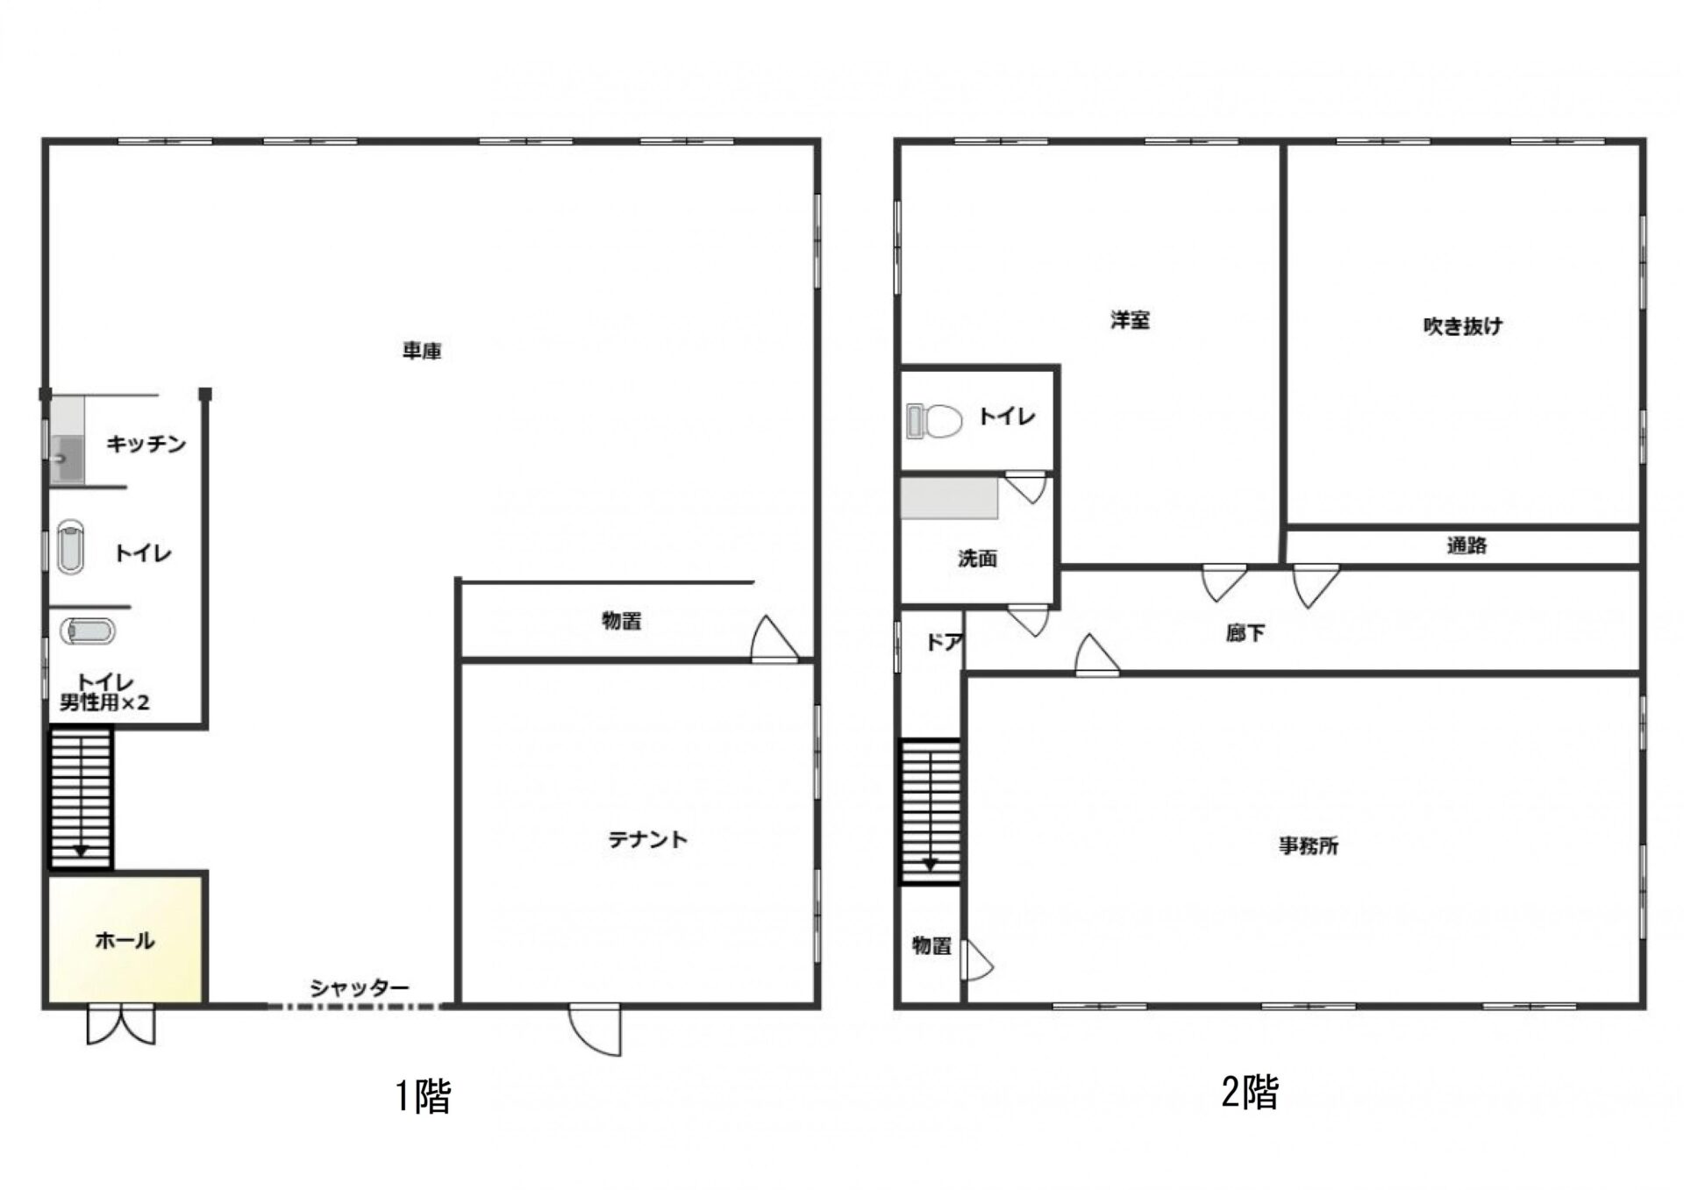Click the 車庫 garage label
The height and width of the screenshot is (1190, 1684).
(422, 352)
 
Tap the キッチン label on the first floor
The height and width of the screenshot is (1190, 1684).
(146, 444)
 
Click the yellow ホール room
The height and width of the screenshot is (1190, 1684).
(126, 939)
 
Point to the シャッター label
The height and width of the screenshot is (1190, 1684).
(360, 988)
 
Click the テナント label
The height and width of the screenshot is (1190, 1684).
(648, 840)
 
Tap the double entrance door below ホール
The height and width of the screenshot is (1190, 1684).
(121, 1025)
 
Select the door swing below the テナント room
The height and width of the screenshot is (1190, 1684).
(595, 1031)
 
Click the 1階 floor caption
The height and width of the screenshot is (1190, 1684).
(423, 1096)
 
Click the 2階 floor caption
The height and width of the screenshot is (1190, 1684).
(1250, 1093)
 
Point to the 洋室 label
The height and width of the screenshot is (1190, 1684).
(1130, 320)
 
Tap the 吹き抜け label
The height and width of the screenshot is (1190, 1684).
(1462, 326)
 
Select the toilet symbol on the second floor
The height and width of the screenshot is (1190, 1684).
(934, 421)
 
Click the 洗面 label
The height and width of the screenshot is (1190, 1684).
(977, 559)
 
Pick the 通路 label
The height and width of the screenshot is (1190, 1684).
(1466, 545)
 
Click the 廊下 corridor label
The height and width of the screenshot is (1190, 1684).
(1245, 632)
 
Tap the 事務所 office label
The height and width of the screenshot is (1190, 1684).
(1309, 846)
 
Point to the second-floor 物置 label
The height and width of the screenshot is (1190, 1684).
(931, 945)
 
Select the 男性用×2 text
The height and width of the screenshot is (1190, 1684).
(104, 702)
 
